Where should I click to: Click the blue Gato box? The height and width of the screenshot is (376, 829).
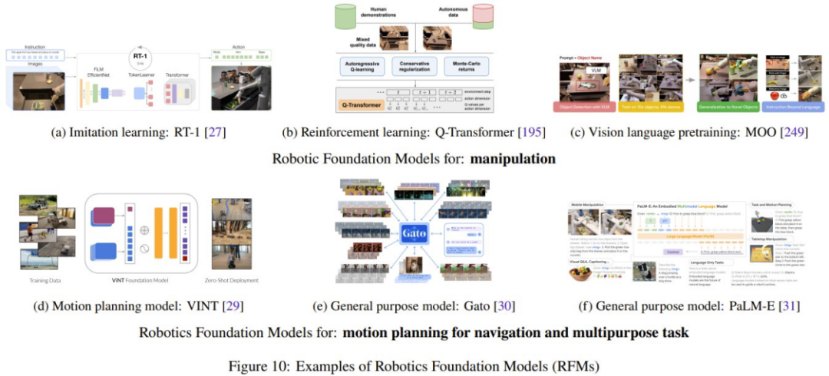click(x=415, y=233)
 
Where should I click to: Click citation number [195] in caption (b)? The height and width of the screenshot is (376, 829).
click(x=531, y=133)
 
